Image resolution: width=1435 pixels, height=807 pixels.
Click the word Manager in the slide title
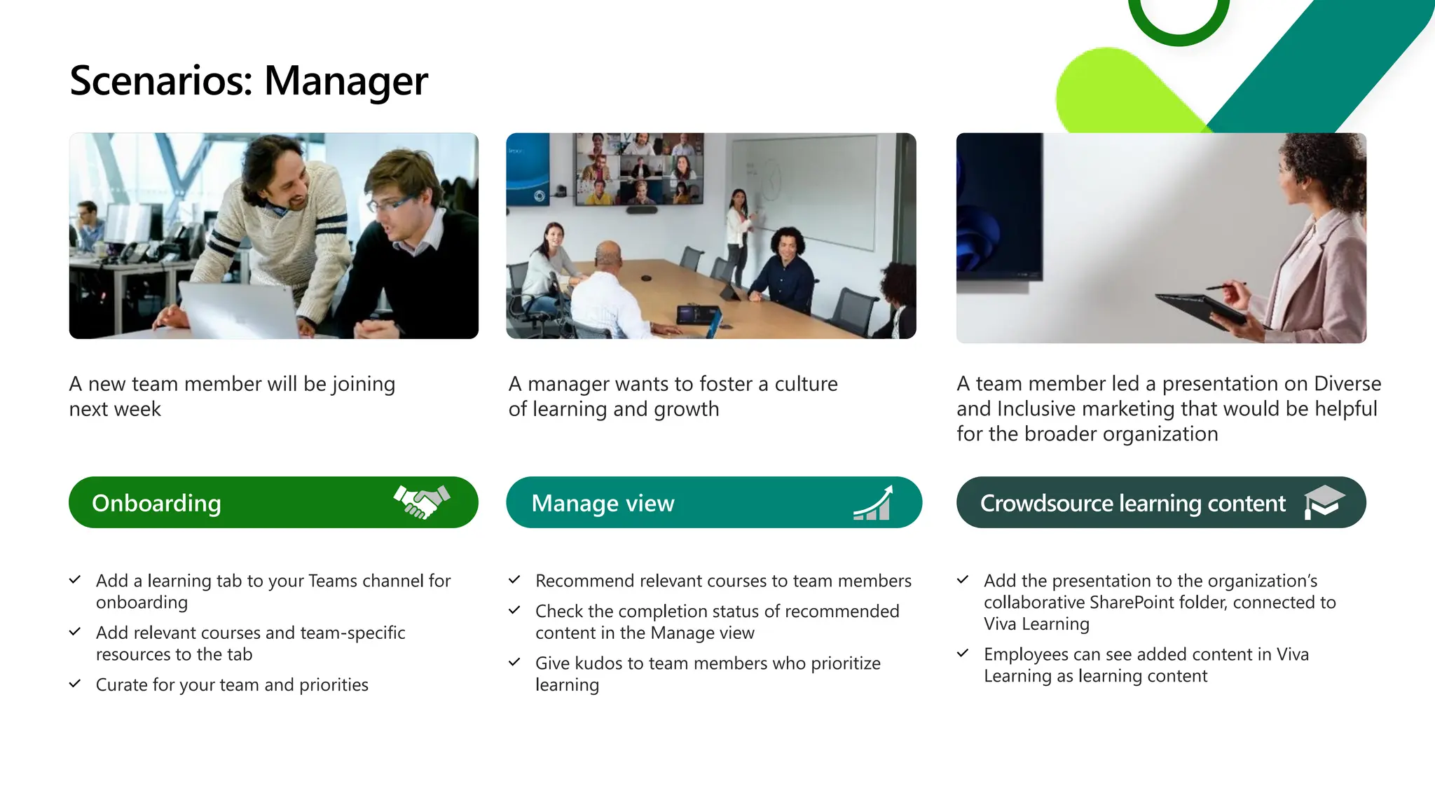345,81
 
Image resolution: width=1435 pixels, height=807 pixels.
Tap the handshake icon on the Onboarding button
422,502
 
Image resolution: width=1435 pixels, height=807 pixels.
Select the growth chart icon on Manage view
873,503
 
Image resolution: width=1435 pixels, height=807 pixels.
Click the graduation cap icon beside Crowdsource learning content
1323,502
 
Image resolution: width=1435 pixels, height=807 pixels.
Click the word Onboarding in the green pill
156,503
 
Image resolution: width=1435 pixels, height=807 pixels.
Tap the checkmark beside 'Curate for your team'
75,684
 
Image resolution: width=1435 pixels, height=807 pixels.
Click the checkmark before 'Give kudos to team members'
514,662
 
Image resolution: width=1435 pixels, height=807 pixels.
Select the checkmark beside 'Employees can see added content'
963,653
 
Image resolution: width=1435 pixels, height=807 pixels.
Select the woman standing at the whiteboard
739,231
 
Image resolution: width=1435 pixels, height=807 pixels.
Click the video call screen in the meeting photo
638,168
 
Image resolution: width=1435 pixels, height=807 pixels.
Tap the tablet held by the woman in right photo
1200,310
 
